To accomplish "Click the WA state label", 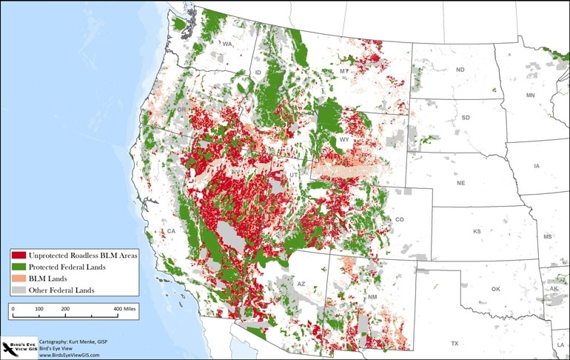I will pyautogui.click(x=227, y=44).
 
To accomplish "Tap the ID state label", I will pyautogui.click(x=258, y=72).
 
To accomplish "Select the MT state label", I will pyautogui.click(x=344, y=70).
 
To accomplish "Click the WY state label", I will pyautogui.click(x=343, y=140).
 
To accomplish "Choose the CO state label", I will pyautogui.click(x=400, y=220).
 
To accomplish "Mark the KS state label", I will pyautogui.click(x=477, y=231).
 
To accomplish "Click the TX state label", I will pyautogui.click(x=454, y=343).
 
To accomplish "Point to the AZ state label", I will pyautogui.click(x=301, y=284).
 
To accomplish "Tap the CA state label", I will pyautogui.click(x=170, y=231).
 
